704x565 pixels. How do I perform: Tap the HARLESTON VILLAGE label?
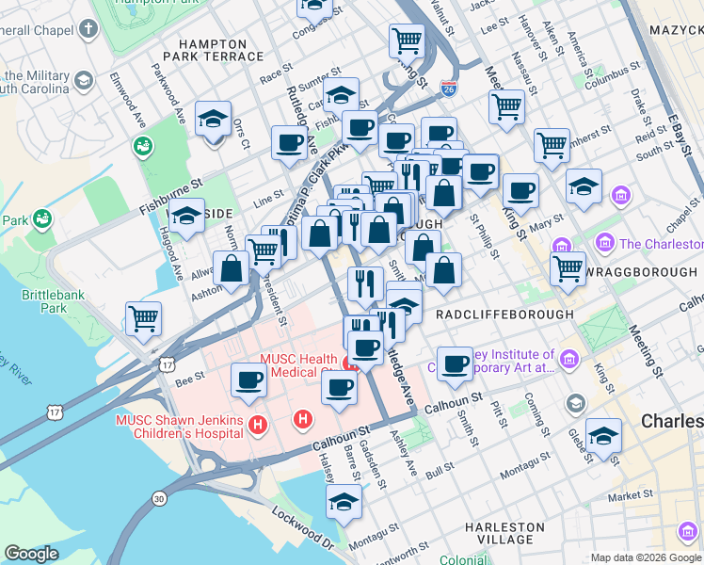(x=504, y=533)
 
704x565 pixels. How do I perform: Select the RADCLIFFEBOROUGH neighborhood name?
(x=504, y=315)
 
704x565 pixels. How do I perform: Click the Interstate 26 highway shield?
(x=449, y=90)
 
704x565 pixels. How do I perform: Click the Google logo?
(x=31, y=554)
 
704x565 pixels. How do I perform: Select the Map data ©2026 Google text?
(x=646, y=557)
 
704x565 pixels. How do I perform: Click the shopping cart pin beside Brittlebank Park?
(x=143, y=318)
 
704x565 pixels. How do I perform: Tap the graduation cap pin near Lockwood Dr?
(x=344, y=502)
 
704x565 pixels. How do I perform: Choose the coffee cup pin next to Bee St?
(x=248, y=379)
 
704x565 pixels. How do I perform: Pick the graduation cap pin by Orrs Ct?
(x=214, y=120)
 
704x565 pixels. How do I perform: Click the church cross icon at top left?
(x=88, y=29)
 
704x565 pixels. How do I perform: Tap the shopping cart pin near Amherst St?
(x=552, y=145)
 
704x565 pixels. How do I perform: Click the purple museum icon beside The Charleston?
(x=604, y=244)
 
